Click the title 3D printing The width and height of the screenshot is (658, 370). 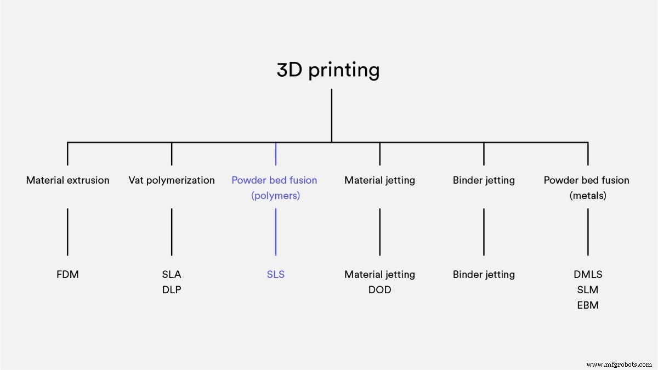[328, 70]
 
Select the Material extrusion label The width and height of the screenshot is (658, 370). [67, 180]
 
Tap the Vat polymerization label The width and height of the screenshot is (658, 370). [172, 180]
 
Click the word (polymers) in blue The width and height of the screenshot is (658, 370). [275, 195]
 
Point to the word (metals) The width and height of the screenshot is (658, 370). [588, 195]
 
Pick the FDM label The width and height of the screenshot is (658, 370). [67, 274]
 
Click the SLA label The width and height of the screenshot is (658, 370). [172, 274]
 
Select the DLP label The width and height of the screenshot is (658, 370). [172, 289]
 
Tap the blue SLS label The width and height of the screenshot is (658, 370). [275, 274]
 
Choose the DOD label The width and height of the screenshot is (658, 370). [379, 289]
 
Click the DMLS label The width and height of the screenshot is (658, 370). [588, 274]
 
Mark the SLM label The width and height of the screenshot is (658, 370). [588, 289]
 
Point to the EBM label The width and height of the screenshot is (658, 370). [588, 305]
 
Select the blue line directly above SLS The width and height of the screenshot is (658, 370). [275, 231]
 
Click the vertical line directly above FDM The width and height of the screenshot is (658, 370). [67, 231]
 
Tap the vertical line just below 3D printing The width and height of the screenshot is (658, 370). [331, 115]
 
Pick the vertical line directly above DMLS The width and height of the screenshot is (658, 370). [588, 231]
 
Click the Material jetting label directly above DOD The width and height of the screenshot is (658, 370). [379, 274]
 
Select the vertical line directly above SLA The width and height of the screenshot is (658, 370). [172, 231]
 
